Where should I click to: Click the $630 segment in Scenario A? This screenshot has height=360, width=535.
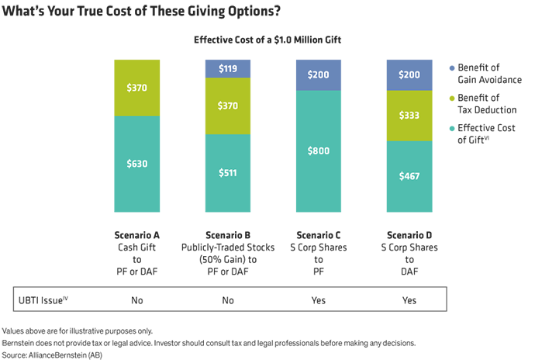137,164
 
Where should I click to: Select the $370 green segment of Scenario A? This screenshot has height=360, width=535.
137,88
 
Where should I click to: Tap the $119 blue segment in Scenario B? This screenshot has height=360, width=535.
227,68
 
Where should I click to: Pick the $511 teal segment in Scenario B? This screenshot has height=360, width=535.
227,172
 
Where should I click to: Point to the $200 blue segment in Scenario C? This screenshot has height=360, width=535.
318,74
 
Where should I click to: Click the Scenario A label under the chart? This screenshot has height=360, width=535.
137,234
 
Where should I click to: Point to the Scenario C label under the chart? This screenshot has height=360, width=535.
318,234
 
